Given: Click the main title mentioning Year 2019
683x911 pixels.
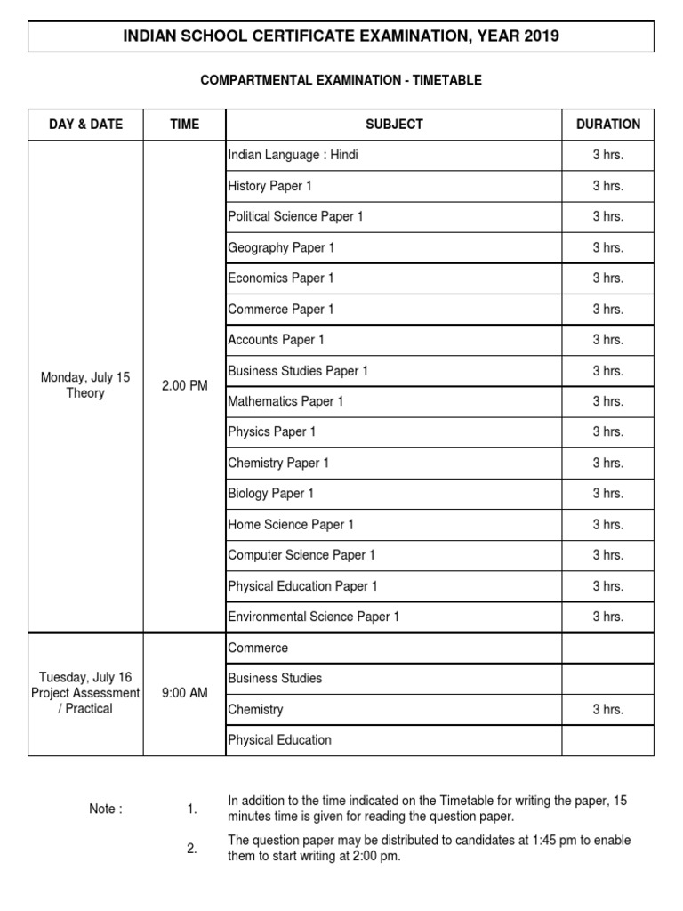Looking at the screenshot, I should pyautogui.click(x=341, y=36).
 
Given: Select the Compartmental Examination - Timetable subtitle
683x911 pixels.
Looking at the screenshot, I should pyautogui.click(x=341, y=80).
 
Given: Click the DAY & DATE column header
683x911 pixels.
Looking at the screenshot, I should pyautogui.click(x=85, y=125).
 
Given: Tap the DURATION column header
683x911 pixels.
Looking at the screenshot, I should pyautogui.click(x=608, y=125).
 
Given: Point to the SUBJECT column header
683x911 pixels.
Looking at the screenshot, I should pyautogui.click(x=394, y=125).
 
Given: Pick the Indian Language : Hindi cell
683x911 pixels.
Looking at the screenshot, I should pyautogui.click(x=293, y=155).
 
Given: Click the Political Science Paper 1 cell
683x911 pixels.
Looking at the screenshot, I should pyautogui.click(x=295, y=216).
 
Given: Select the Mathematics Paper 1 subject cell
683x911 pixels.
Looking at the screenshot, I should pyautogui.click(x=285, y=401).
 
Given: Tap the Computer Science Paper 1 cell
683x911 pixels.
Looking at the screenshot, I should pyautogui.click(x=301, y=555).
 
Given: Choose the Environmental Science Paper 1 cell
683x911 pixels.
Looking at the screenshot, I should pyautogui.click(x=314, y=617).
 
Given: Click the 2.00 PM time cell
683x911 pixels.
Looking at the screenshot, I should pyautogui.click(x=185, y=385).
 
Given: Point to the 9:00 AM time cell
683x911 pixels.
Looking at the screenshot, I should pyautogui.click(x=185, y=693).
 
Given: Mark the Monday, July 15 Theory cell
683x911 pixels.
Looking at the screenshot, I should pyautogui.click(x=85, y=385).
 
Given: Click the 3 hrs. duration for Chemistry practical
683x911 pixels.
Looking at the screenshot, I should pyautogui.click(x=608, y=709).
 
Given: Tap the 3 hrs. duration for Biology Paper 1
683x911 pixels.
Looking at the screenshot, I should pyautogui.click(x=608, y=494).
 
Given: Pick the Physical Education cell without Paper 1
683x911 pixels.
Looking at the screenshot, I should pyautogui.click(x=279, y=740).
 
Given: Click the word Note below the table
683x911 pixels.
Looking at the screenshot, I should pyautogui.click(x=106, y=809).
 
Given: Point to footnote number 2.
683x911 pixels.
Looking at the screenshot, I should pyautogui.click(x=192, y=849).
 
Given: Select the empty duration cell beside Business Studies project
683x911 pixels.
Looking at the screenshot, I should pyautogui.click(x=608, y=679).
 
